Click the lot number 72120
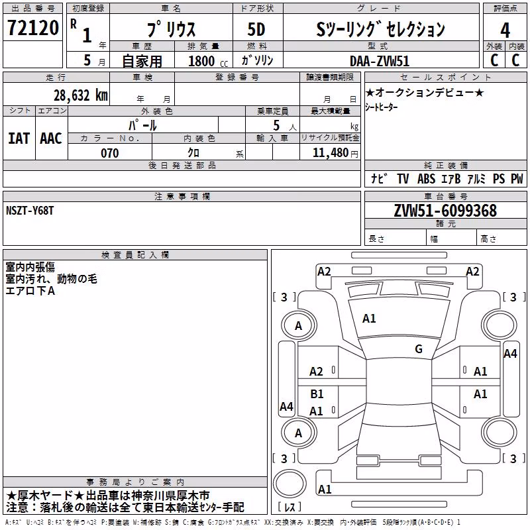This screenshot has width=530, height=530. point(33,28)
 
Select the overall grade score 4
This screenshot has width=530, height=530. point(505,30)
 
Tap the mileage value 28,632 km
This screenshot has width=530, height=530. point(80,95)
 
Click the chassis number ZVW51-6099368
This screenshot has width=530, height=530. point(445,211)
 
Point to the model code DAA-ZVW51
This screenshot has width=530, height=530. point(380,61)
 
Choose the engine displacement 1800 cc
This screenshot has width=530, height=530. point(208,61)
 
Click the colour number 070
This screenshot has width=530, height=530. point(110,153)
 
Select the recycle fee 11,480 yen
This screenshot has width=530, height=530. point(335,153)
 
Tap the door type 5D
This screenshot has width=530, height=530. point(256,29)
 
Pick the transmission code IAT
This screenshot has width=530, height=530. point(19,138)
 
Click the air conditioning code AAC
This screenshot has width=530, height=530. point(51,138)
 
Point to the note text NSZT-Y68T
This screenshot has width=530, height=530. point(30,211)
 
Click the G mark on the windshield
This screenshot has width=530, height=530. point(419,348)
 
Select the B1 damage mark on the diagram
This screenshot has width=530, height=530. point(317,394)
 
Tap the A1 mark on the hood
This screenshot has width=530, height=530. point(369,319)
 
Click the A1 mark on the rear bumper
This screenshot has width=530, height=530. point(325,489)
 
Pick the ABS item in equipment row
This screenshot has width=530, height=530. point(426,178)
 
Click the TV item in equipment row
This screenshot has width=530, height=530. point(403,178)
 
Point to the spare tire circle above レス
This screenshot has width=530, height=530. point(290,483)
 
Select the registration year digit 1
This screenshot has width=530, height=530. point(87,35)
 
